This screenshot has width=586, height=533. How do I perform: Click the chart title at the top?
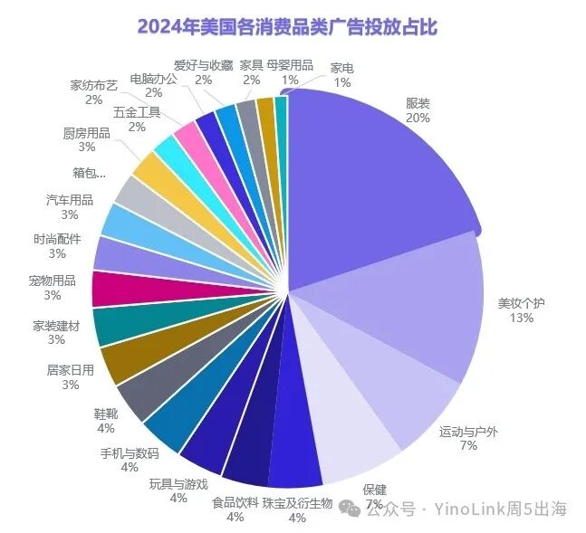point(287,26)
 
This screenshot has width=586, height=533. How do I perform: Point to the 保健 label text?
point(373,489)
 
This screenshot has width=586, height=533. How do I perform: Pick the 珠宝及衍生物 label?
point(297,503)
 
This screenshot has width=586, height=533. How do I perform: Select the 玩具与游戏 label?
point(178,483)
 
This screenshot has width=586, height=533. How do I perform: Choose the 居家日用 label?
point(70,370)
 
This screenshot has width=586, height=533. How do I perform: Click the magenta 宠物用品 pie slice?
point(114,289)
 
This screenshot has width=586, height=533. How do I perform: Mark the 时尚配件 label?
point(57,240)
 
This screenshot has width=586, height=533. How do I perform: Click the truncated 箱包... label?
point(90,171)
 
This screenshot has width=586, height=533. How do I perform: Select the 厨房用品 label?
point(87,133)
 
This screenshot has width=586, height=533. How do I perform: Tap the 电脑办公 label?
point(153,78)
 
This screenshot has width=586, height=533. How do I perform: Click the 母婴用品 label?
point(290,65)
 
